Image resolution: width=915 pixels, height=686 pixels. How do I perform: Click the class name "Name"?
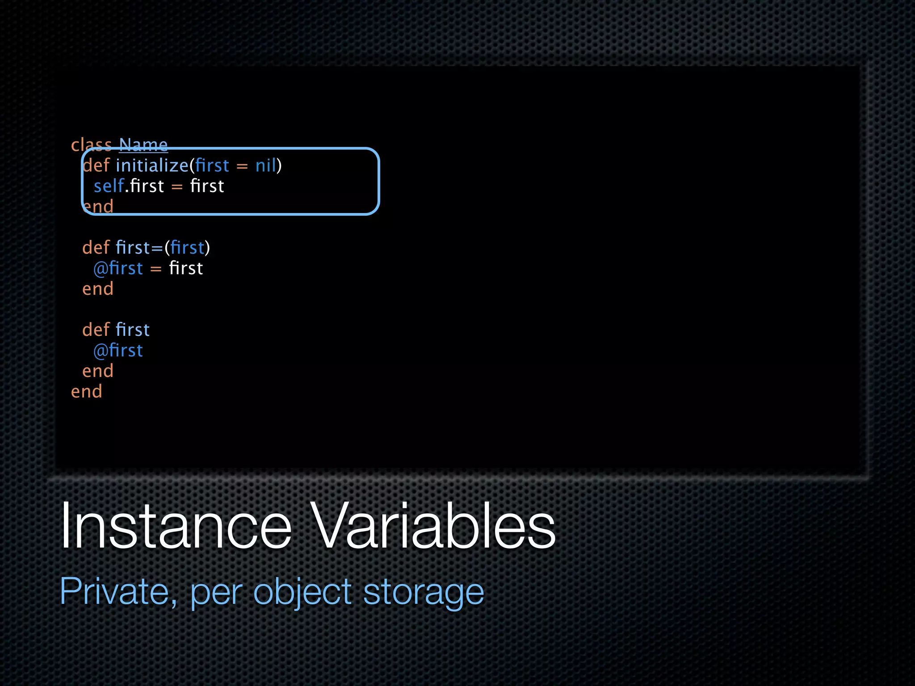[143, 145]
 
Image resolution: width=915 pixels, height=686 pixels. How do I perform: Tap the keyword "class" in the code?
[91, 145]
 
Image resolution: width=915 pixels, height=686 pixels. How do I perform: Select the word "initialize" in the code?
[152, 166]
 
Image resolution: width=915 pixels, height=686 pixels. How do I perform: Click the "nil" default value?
[266, 166]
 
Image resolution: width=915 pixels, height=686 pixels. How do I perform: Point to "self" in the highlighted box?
[109, 186]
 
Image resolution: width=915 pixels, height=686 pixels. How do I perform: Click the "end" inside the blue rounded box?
[98, 207]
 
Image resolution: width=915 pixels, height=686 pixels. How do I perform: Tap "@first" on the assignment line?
[118, 268]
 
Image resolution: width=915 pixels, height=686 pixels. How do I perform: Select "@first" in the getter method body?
[118, 351]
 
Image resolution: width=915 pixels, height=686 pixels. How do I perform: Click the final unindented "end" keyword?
[87, 392]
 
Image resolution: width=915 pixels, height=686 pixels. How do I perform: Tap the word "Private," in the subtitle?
[118, 592]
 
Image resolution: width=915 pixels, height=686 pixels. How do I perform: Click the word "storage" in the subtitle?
[423, 592]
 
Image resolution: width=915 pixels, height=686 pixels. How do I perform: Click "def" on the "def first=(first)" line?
[96, 248]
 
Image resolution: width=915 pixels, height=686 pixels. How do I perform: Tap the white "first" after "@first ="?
[186, 268]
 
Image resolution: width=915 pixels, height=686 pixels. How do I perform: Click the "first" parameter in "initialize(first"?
[212, 166]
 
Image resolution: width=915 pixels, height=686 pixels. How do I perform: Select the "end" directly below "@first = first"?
[98, 289]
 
